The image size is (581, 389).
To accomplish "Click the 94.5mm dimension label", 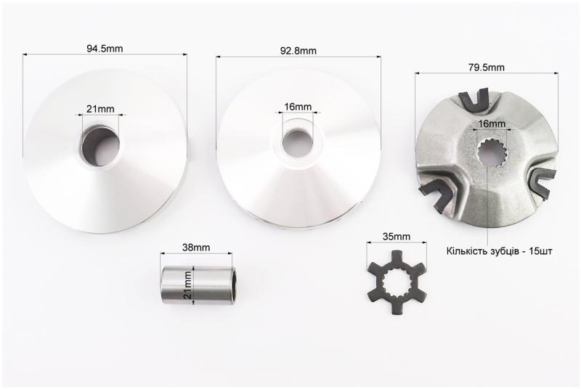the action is pos(105,49).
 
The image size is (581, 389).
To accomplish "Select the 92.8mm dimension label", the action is pos(298,51).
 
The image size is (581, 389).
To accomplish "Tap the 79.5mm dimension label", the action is pos(486,67).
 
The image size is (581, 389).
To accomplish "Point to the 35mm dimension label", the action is pos(397,236).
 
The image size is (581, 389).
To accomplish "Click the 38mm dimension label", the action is pos(196,247).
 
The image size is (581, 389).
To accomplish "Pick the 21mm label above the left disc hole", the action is pos(100,109).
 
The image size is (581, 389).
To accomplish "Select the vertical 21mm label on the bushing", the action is pos(188,285).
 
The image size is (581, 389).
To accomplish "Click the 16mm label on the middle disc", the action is pos(298,107).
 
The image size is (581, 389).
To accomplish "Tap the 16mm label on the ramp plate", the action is pos(492,123).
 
